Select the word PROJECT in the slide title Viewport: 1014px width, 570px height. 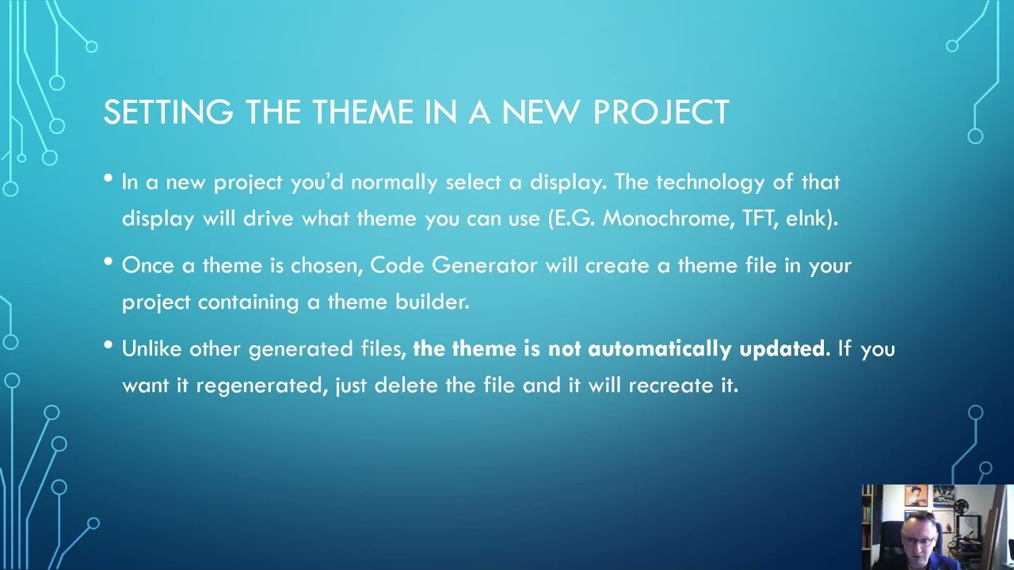coord(661,112)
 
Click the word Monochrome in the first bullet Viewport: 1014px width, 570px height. coord(665,219)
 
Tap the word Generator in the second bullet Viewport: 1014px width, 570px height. coord(484,265)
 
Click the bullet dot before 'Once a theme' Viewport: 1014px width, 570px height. coord(109,262)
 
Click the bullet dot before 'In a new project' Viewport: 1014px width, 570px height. coord(109,179)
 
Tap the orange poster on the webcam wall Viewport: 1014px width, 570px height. coord(916,496)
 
